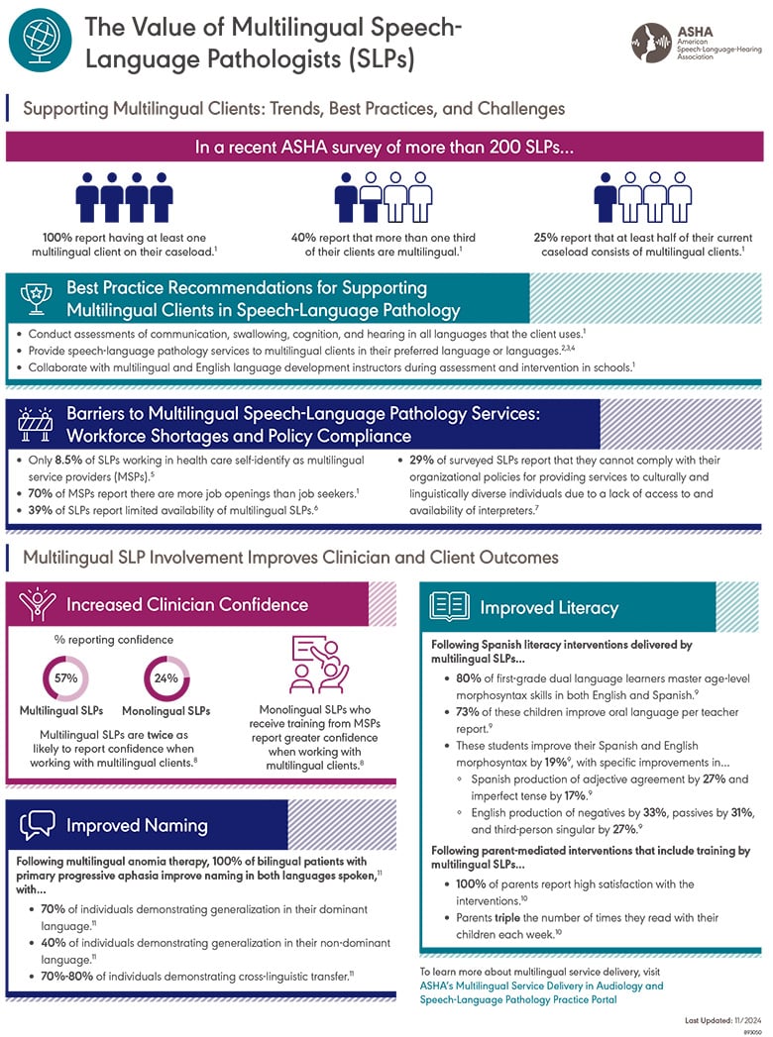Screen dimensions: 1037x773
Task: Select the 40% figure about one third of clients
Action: tap(309, 238)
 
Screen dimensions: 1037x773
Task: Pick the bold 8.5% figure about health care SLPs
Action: tap(79, 461)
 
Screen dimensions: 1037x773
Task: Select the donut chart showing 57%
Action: tap(64, 678)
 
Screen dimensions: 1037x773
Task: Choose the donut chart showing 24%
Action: tap(165, 678)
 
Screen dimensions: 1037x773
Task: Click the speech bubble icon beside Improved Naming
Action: tap(39, 825)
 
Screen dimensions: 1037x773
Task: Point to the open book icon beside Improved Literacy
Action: tap(451, 606)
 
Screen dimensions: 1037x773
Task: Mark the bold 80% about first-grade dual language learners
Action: tap(471, 678)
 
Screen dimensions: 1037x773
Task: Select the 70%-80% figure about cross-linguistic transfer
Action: tap(63, 976)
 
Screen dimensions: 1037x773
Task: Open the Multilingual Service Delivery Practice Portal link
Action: tap(541, 992)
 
